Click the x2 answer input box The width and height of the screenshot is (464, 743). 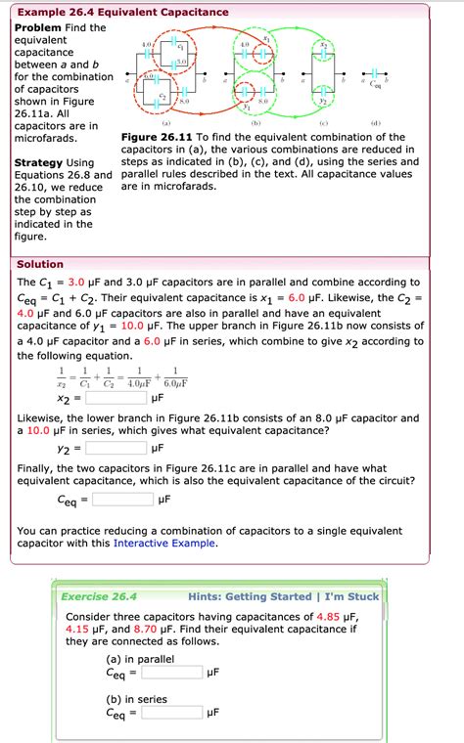[x=116, y=399]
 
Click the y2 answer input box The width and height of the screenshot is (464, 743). [x=116, y=449]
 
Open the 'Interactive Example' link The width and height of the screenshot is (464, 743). [x=164, y=544]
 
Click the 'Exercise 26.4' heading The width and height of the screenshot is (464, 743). [x=99, y=596]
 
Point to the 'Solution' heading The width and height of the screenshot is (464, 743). [x=40, y=264]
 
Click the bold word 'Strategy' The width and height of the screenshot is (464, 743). [x=40, y=161]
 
